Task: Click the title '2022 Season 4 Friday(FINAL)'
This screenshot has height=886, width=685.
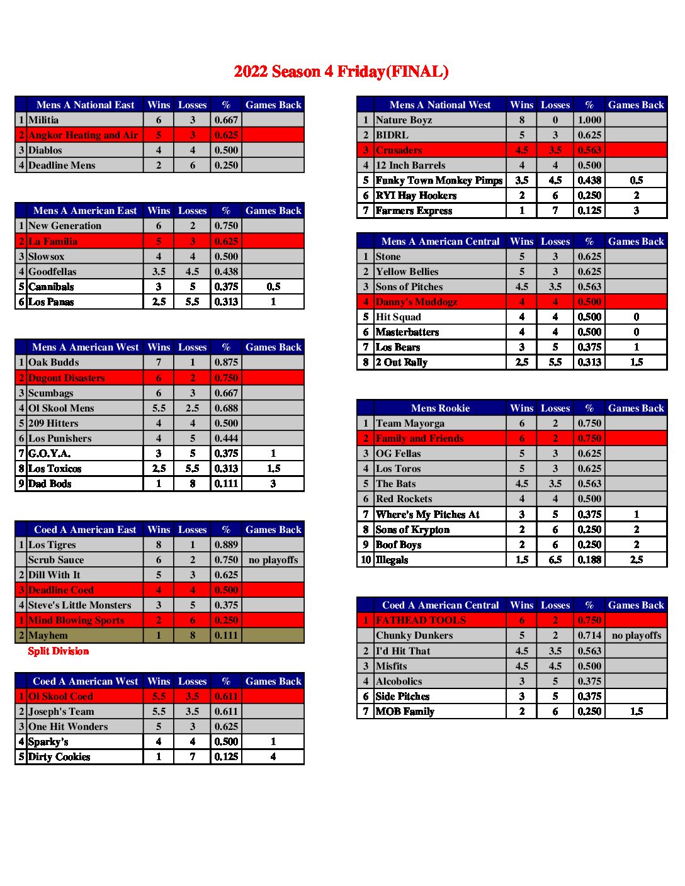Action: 341,72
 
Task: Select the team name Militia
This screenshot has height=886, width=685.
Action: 43,120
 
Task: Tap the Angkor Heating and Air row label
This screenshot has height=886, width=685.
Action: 82,135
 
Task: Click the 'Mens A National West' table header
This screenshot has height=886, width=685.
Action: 439,105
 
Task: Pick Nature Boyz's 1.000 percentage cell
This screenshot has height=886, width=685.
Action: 589,120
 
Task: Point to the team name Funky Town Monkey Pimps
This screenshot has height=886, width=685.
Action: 439,181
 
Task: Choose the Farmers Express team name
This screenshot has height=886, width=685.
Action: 414,211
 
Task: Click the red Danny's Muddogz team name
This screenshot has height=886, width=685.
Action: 416,302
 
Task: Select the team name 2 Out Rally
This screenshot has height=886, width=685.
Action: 401,362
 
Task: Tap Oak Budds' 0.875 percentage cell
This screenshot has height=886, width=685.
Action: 226,362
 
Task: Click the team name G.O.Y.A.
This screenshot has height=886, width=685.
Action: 49,454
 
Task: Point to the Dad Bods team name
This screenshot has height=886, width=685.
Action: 50,484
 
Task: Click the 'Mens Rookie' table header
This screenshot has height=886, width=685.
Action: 440,408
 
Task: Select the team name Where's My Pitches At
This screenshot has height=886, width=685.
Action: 427,515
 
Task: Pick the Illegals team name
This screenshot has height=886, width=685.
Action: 392,560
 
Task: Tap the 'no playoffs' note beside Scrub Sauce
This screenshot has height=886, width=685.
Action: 273,560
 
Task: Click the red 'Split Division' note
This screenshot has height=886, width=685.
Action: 59,651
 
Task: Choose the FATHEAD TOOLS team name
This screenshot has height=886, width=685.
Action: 421,620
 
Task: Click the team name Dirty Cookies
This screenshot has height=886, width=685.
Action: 59,757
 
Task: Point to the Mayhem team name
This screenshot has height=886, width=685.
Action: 48,636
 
